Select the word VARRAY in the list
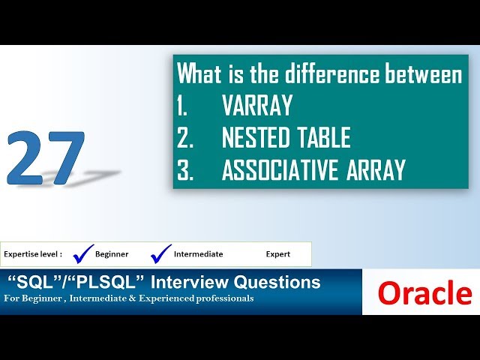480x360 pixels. click(256, 106)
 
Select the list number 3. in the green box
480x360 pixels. click(184, 170)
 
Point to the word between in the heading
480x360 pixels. click(424, 74)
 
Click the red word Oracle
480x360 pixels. click(424, 293)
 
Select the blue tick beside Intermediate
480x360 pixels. click(160, 253)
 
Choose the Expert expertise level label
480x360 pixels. click(277, 254)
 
